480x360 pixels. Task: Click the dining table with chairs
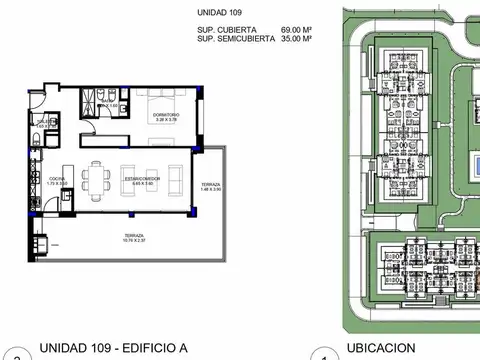[x=98, y=179]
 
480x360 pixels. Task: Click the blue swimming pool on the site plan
[x=474, y=164]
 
